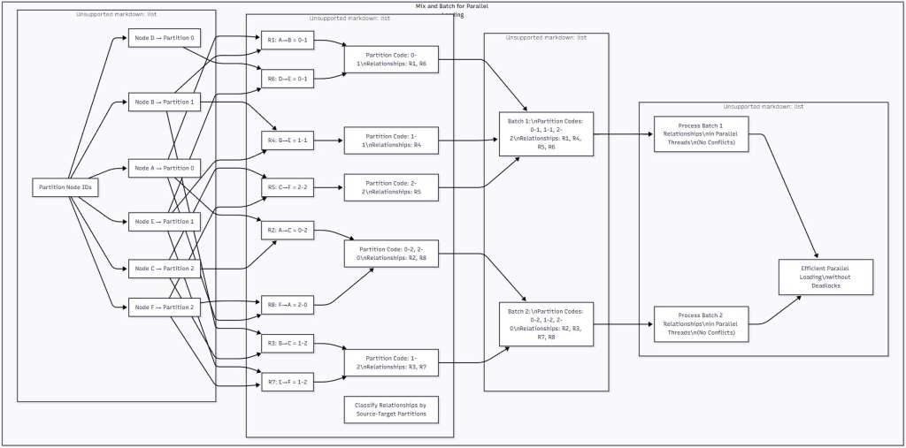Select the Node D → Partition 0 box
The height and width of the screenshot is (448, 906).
click(x=164, y=39)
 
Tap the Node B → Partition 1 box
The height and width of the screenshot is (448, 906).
click(x=164, y=103)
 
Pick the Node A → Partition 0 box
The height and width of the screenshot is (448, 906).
click(x=164, y=167)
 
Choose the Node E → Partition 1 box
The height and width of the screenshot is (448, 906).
click(x=164, y=222)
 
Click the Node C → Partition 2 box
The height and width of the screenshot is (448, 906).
click(x=164, y=268)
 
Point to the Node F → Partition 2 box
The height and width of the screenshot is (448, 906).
click(x=164, y=307)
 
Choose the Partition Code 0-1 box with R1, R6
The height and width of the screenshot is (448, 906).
click(x=391, y=59)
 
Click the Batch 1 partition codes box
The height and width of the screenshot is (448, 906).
click(x=546, y=134)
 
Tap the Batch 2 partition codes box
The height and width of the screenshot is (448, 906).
click(x=546, y=324)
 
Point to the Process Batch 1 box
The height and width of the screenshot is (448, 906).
click(x=702, y=134)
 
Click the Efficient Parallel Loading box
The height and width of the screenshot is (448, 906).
click(x=825, y=277)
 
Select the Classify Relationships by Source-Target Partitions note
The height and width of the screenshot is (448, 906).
click(x=391, y=409)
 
